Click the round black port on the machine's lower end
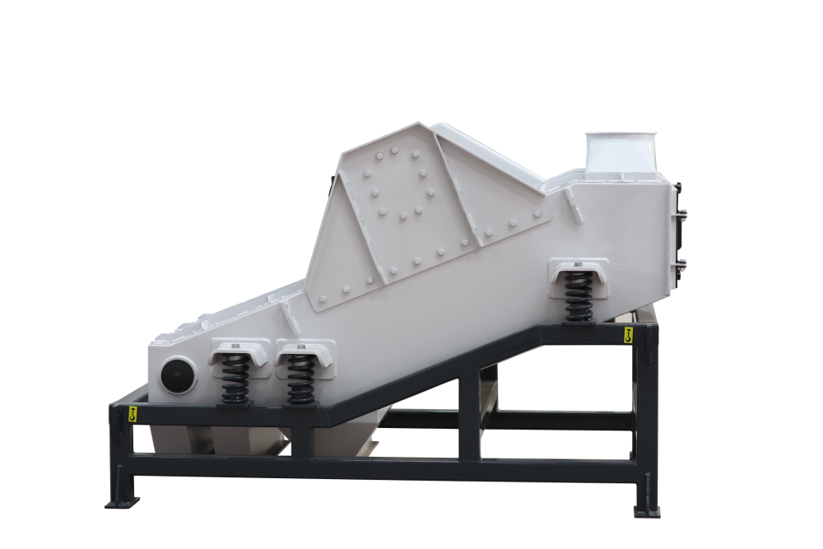tap(177, 376)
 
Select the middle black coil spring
tap(300, 379)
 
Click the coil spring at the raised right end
tap(579, 299)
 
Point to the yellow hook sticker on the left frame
tap(132, 415)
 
